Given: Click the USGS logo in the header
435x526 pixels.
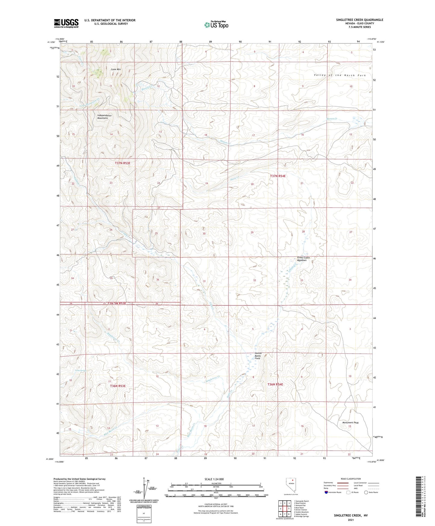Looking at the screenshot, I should (x=66, y=23).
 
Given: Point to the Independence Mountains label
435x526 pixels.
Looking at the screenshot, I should (x=104, y=117).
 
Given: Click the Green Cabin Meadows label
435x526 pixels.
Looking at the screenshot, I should (x=303, y=259).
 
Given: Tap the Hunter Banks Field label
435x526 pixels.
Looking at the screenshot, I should (x=258, y=356).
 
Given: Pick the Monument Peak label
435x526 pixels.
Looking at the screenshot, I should (x=350, y=422).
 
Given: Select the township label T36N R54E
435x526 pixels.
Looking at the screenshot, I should (x=275, y=384).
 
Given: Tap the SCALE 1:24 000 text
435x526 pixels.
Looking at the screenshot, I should (x=214, y=479).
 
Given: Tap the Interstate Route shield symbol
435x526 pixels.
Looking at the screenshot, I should (x=327, y=492).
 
